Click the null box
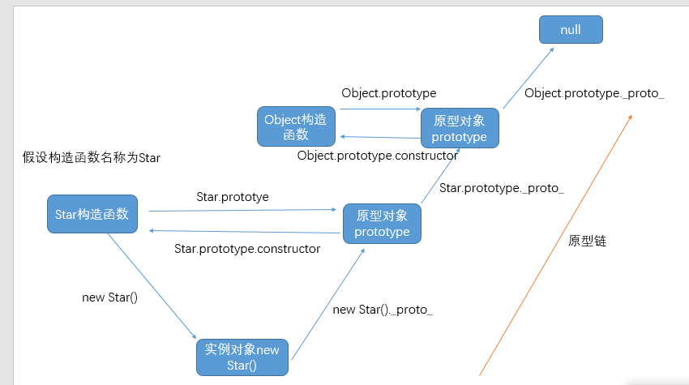571,30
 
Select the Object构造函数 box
295,126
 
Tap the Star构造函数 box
92,215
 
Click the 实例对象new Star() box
242,357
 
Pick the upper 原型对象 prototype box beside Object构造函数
460,129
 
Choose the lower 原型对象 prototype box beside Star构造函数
382,224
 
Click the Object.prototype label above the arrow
388,93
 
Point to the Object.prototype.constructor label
378,156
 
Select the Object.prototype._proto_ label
594,93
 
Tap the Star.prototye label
233,197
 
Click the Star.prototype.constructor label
247,248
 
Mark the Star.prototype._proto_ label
502,188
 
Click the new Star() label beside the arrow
110,297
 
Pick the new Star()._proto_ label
383,310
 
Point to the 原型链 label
588,241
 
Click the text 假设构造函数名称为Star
92,157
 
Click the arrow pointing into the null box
528,78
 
